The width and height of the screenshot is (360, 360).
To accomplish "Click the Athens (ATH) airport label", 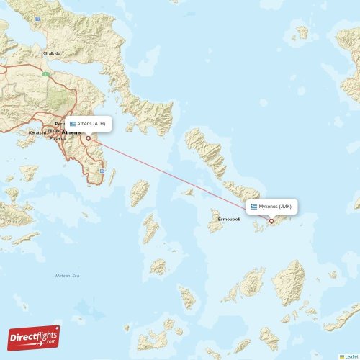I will tap(91, 124).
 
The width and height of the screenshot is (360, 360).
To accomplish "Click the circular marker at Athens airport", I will tap(88, 138).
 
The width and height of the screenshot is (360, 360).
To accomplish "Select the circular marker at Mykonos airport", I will tap(271, 221).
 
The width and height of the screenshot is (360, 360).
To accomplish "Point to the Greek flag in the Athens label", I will tap(72, 124).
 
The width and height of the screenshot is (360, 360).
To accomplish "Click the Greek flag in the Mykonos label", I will tap(253, 207).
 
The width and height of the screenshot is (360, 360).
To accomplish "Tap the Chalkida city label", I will tap(52, 53).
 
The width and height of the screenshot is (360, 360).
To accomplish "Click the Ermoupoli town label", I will tap(229, 219).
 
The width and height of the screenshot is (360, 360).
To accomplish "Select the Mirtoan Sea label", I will tap(66, 276).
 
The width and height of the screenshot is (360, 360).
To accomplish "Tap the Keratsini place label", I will tap(36, 133).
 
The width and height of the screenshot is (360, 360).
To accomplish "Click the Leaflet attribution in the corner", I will tap(348, 356).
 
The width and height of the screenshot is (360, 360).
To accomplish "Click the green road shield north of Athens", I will tap(45, 73).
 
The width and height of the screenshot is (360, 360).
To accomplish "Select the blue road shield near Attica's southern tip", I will tap(103, 171).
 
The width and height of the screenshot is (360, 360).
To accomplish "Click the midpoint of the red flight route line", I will tap(179, 180).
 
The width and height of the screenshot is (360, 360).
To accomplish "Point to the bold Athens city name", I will tap(72, 133).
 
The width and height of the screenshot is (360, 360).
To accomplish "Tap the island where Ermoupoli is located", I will tap(216, 222).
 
